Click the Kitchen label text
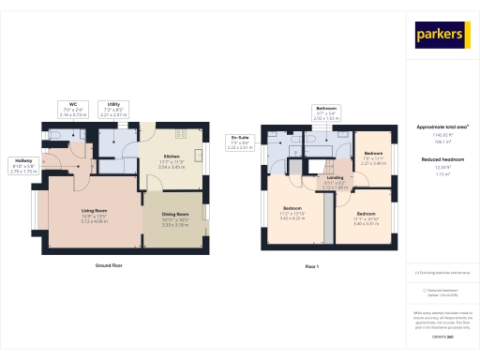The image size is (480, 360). pos(172,159)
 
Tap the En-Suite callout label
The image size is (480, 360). pos(240,142)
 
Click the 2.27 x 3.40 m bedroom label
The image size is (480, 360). pos(373,156)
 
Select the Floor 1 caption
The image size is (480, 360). pos(312,267)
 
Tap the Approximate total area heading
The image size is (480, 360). pos(442,127)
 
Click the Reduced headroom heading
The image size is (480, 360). pos(442,159)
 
